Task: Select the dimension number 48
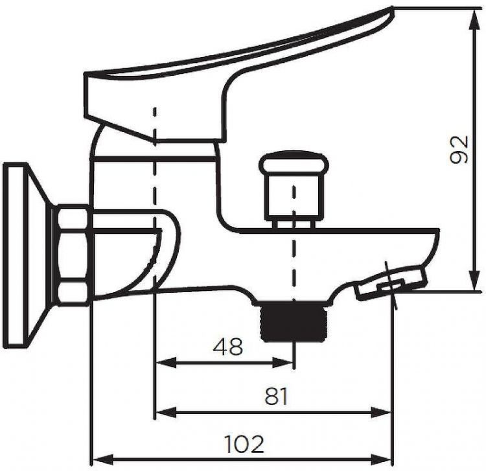click(227, 347)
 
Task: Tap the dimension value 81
click(275, 396)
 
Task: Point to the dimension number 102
click(244, 444)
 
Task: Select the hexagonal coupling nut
click(72, 255)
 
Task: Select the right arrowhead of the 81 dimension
click(385, 412)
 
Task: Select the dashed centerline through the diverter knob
click(294, 259)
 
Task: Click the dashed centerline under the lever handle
click(154, 194)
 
